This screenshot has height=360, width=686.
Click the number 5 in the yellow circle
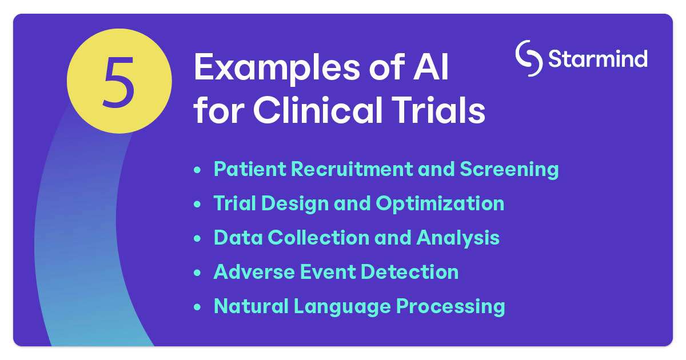(118, 82)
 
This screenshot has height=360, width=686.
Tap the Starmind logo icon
(529, 58)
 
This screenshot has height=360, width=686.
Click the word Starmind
(598, 58)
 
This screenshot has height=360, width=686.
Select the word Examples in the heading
(277, 68)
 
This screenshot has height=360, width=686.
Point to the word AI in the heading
(431, 67)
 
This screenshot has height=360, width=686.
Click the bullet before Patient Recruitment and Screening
(198, 170)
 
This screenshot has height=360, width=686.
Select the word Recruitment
(352, 169)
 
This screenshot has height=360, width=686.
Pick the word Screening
(509, 170)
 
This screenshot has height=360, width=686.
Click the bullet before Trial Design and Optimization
(198, 204)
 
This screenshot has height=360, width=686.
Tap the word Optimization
(440, 204)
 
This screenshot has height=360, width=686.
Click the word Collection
(319, 238)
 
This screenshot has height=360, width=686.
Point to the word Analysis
(458, 238)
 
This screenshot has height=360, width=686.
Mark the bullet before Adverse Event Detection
(198, 273)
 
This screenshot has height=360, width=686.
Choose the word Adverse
(254, 272)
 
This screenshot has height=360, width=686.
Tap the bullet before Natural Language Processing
(198, 307)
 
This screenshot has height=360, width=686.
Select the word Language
(342, 307)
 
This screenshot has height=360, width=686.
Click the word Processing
(450, 307)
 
